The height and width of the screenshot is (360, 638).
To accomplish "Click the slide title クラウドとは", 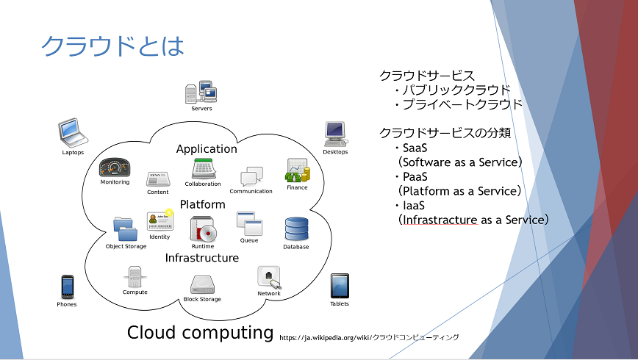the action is [112, 46].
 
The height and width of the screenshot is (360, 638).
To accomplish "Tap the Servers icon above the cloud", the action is [201, 92].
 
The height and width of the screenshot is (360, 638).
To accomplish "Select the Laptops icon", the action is [73, 132].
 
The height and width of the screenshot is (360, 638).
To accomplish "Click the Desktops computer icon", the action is [336, 134].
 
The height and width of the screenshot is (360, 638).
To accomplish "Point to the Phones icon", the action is [67, 287].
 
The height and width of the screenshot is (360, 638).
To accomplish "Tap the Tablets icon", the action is [340, 286].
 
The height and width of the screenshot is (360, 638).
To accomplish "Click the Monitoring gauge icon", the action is [115, 168].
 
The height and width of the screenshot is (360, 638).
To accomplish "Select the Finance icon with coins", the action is [298, 170].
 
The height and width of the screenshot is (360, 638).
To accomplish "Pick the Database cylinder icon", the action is [297, 229].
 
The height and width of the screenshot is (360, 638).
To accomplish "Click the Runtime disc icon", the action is [204, 229].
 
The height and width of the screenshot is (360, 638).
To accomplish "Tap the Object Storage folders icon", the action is [125, 229].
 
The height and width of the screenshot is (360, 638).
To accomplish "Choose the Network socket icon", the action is [269, 278].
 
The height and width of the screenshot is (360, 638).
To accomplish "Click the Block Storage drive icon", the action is [202, 285].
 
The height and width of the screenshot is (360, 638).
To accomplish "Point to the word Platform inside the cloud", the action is [203, 204].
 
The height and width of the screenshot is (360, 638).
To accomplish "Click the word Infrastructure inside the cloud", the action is [202, 258].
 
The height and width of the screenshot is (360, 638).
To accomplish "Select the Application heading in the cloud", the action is [207, 149].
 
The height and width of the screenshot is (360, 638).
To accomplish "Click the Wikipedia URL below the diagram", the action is [369, 337].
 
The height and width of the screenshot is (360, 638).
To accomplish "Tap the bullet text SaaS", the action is [415, 148].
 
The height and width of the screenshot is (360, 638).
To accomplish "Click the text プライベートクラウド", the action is [462, 104].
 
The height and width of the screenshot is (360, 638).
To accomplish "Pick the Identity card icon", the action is [160, 221].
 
